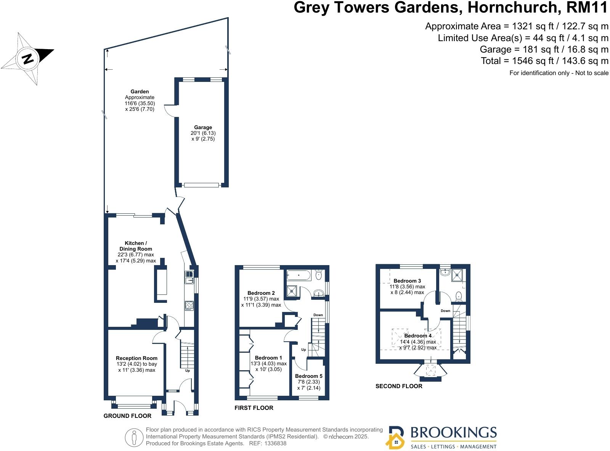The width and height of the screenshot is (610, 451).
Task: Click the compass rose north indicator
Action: coord(27,59)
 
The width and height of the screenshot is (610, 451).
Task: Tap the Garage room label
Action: coord(203,128)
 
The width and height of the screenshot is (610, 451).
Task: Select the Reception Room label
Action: coord(136,358)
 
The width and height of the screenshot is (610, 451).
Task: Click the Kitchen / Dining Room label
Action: coord(136,246)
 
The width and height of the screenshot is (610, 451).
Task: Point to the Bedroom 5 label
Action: coord(308,376)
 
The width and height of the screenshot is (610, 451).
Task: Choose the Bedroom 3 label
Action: coord(407,281)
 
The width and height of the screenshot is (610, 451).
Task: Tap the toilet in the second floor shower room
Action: coord(459,296)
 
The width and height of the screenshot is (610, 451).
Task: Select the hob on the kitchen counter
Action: coord(189,305)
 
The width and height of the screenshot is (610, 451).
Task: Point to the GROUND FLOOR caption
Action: coord(127,416)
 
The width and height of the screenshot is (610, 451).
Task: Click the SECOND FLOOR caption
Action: coord(399,386)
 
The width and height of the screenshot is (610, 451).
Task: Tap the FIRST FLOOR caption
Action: coord(254,408)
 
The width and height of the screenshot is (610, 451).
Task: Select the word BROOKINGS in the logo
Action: coord(453,433)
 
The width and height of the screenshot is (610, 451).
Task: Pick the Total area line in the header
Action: coord(544,61)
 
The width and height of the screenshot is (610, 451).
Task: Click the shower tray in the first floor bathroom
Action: coord(292,291)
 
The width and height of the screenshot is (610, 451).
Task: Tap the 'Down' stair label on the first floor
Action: coord(318,315)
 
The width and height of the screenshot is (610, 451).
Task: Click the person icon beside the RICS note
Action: coord(134,438)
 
